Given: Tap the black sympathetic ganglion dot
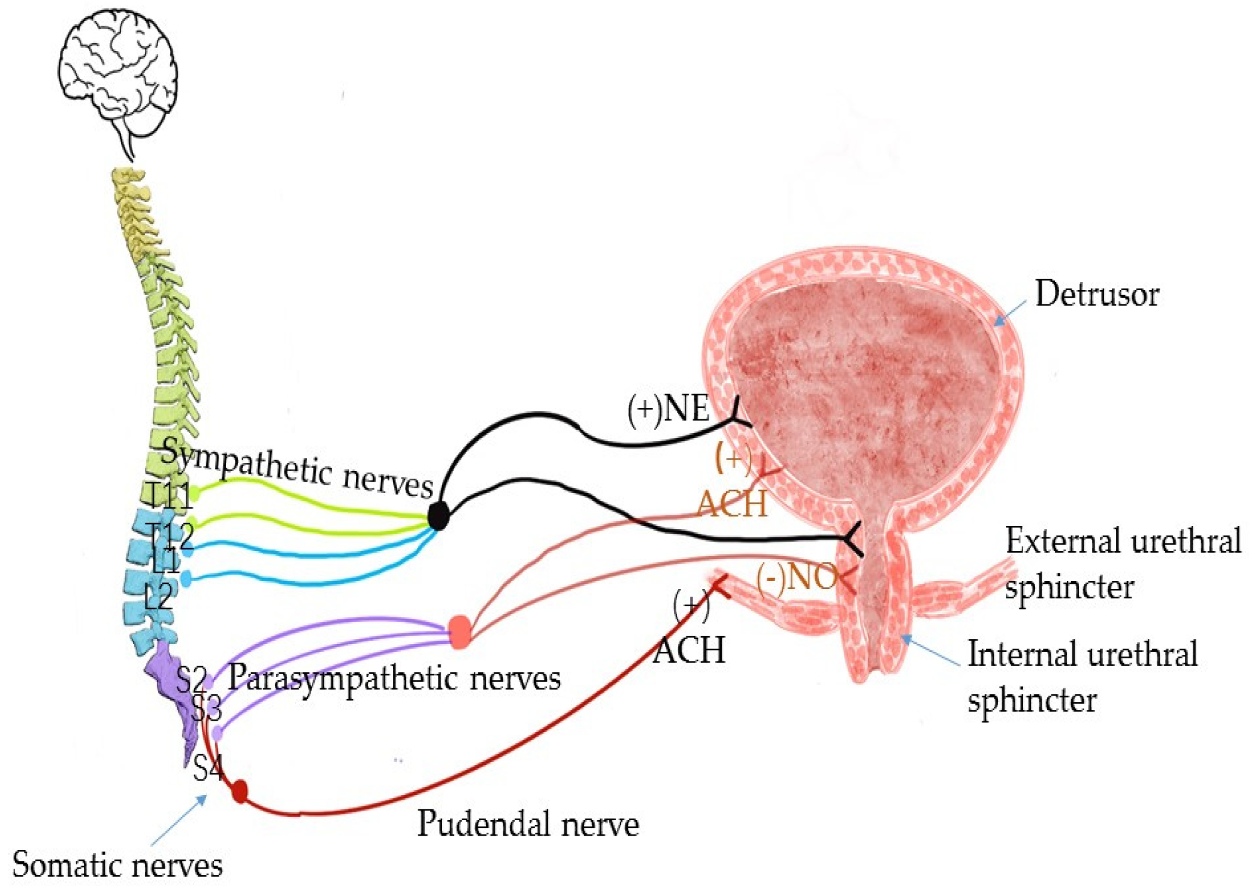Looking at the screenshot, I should [438, 516].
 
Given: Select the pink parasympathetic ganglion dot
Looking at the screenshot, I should [459, 632].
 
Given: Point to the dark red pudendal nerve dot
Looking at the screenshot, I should [240, 791].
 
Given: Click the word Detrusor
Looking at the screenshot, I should [1097, 294].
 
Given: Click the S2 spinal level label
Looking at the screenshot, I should [191, 679].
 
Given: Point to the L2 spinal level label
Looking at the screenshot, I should [159, 597].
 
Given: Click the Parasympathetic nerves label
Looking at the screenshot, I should [394, 678].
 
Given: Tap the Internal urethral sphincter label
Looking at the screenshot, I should [1082, 676].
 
